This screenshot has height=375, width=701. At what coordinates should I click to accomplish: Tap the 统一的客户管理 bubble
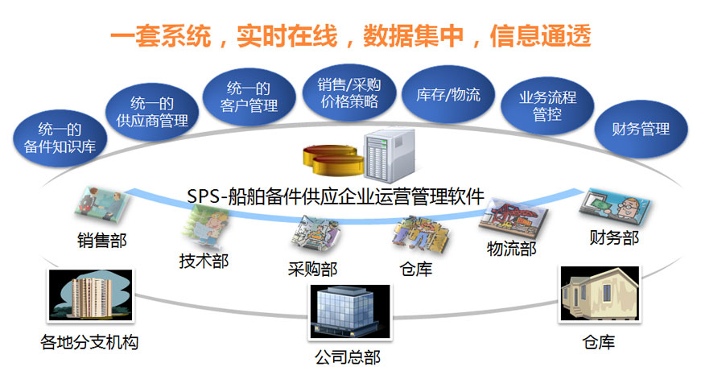[x=249, y=96]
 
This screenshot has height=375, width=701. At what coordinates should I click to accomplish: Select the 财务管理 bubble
[x=641, y=128]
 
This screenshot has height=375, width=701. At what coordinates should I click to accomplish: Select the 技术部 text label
[x=200, y=261]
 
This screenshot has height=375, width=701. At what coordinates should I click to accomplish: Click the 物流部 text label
[x=511, y=249]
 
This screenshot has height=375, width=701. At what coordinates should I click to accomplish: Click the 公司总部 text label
[x=347, y=356]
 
